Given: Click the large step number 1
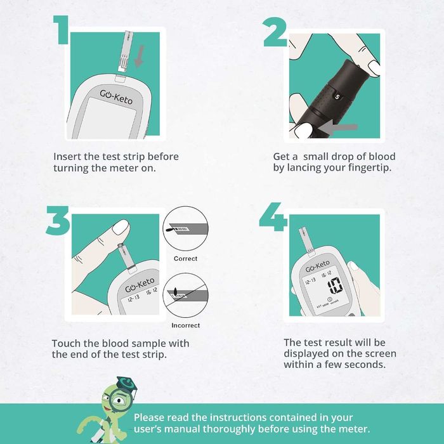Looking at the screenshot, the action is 62,30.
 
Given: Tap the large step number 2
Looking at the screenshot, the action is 275,32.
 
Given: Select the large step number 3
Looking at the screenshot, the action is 58,221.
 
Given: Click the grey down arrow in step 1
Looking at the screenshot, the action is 139,56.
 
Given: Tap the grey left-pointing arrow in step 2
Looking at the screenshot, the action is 337,128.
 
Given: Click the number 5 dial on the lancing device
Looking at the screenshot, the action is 337,97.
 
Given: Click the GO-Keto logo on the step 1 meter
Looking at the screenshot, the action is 116,97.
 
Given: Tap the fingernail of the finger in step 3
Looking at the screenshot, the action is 121,227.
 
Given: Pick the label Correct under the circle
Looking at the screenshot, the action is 185,259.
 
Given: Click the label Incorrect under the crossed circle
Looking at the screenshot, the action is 185,325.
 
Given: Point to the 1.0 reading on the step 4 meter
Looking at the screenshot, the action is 335,286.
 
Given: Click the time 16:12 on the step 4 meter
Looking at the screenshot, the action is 326,275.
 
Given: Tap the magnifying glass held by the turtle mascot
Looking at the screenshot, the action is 121,399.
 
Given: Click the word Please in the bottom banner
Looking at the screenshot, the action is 148,417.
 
